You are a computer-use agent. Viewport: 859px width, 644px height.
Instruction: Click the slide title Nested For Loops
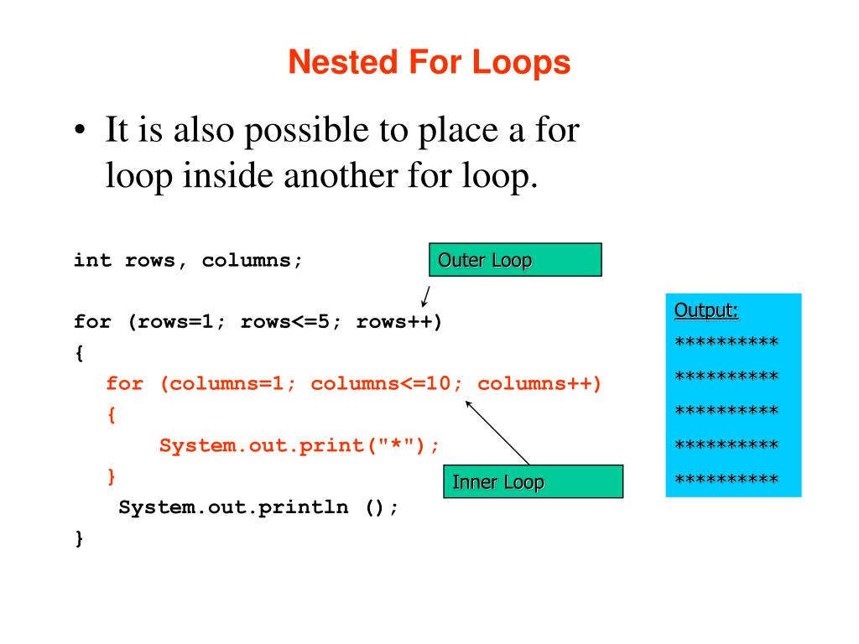(429, 63)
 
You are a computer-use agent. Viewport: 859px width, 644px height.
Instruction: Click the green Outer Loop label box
(515, 260)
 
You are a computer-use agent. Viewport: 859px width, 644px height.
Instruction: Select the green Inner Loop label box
(533, 482)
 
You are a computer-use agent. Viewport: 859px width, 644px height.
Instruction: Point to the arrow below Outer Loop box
(425, 296)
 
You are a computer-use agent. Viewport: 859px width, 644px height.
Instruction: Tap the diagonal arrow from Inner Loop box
(497, 432)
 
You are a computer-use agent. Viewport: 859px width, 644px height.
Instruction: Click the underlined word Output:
(706, 311)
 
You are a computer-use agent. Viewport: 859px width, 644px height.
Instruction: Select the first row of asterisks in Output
(726, 343)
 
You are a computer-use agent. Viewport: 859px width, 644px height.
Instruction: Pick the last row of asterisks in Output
(726, 480)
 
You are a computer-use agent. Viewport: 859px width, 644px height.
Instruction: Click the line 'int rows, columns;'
(188, 260)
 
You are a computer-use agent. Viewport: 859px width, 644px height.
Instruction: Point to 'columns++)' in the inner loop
(540, 384)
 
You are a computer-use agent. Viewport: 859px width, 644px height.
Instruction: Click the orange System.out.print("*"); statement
(299, 445)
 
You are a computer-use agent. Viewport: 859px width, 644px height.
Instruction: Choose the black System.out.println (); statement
(259, 507)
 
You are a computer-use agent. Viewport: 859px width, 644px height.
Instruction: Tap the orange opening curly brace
(112, 415)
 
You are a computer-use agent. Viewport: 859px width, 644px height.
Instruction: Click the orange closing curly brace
(112, 476)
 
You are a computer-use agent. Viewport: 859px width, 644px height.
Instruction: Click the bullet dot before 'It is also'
(79, 134)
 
